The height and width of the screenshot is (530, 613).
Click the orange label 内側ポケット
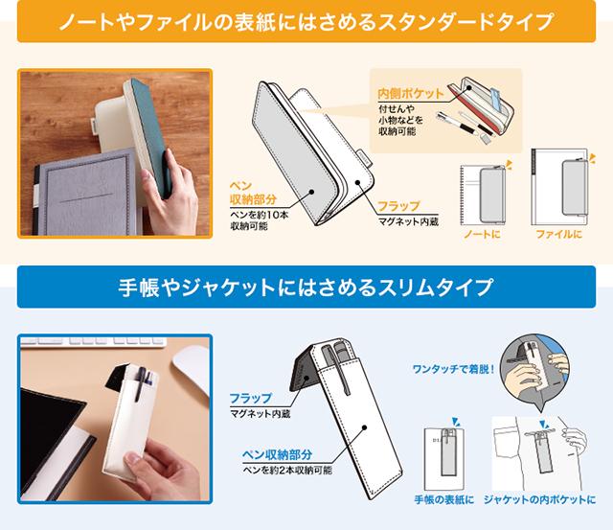click(x=411, y=94)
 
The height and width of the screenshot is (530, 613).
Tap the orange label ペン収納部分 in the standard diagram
click(x=253, y=193)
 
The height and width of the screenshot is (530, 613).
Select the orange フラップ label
click(x=398, y=206)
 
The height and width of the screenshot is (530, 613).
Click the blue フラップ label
click(x=251, y=398)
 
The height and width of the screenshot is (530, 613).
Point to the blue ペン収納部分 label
click(x=277, y=454)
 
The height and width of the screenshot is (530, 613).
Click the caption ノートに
click(x=482, y=234)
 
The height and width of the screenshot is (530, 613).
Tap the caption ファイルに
click(x=558, y=234)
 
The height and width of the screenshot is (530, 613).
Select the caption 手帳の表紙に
click(x=443, y=499)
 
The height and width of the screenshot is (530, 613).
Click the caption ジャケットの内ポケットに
click(x=539, y=499)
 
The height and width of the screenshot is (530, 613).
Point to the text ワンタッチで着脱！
click(x=454, y=369)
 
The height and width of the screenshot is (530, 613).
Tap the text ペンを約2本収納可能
click(x=287, y=470)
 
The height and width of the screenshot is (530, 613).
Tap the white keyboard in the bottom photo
click(x=93, y=341)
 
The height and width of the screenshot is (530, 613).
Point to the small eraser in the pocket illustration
click(x=486, y=138)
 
